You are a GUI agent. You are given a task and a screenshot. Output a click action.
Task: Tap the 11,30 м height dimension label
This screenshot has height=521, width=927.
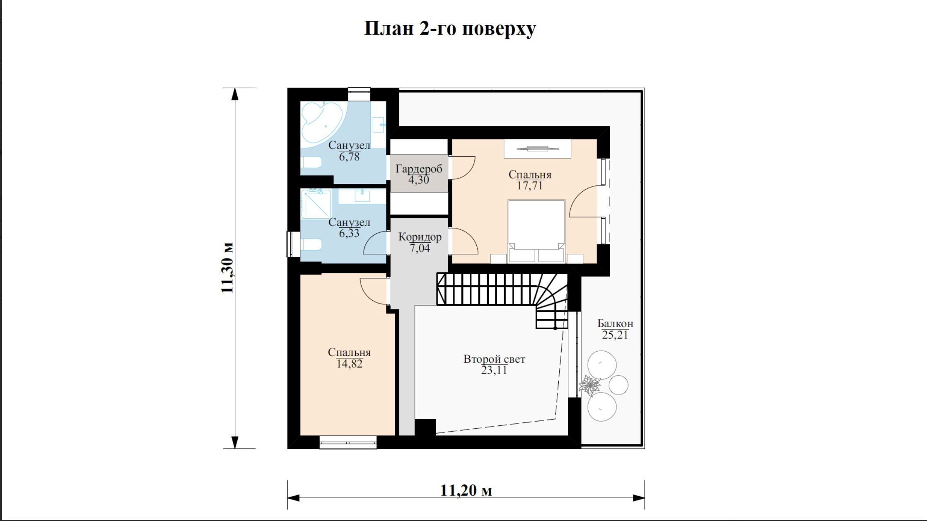click(x=227, y=268)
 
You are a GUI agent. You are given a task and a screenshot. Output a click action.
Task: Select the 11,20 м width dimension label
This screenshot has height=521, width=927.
click(x=466, y=490)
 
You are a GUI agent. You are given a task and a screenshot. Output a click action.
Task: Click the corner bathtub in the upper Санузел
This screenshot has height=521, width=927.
click(x=323, y=123)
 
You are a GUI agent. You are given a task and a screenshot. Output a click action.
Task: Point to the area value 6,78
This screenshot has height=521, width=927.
click(x=349, y=157)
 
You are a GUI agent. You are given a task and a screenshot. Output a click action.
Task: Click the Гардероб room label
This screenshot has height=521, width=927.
click(x=419, y=169)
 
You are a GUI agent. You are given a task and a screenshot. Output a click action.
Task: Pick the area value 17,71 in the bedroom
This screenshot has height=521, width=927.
click(x=530, y=186)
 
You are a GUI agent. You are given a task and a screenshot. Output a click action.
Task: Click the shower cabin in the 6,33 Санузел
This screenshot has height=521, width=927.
click(x=316, y=204)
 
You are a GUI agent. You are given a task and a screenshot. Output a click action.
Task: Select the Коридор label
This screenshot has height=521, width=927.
click(x=420, y=237)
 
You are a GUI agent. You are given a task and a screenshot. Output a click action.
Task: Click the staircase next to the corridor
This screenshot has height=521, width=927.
click(x=502, y=296)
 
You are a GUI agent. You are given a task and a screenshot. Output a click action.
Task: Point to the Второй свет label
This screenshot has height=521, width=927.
click(x=494, y=359)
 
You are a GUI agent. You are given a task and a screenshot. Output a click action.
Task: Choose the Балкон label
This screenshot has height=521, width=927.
click(x=615, y=323)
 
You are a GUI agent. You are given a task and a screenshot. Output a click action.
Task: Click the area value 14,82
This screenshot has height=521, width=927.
click(x=349, y=364)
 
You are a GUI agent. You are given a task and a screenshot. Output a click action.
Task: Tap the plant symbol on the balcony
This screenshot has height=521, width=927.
click(x=589, y=386)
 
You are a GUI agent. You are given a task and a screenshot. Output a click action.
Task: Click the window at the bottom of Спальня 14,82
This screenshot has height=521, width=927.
click(x=348, y=442)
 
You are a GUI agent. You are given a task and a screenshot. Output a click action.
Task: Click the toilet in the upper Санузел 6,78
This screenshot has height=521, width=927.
click(x=311, y=162)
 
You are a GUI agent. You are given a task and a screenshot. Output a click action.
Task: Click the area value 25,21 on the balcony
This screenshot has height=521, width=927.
click(x=615, y=335)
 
